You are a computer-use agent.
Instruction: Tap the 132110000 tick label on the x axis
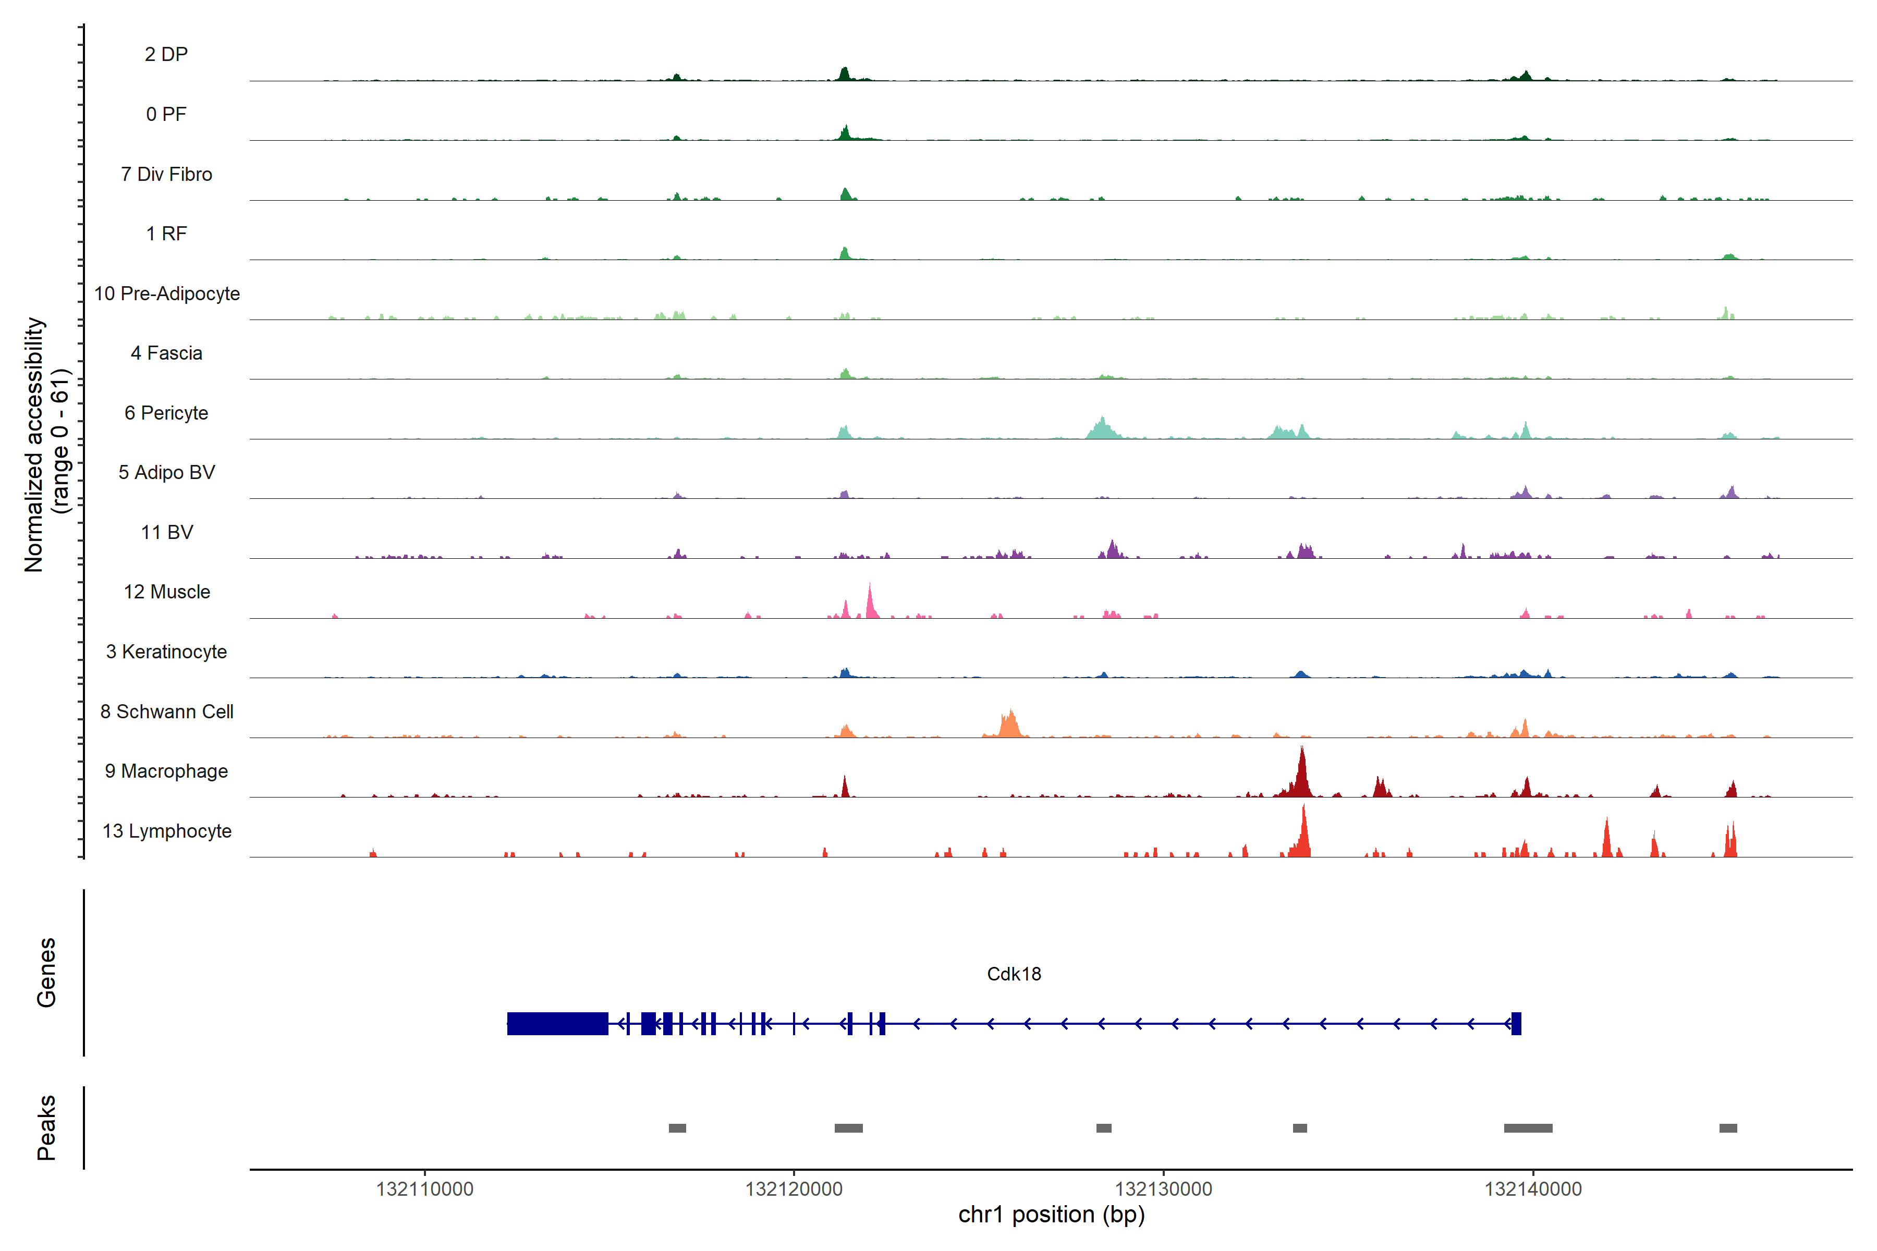click(x=424, y=1189)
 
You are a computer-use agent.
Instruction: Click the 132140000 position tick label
click(x=1532, y=1189)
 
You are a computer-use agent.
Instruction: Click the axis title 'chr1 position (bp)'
click(x=1051, y=1215)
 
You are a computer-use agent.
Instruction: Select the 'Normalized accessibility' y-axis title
click(x=33, y=445)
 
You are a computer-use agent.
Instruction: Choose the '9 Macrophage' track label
click(x=167, y=771)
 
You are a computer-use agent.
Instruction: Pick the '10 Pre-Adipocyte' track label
click(x=167, y=293)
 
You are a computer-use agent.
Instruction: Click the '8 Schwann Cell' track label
click(x=167, y=711)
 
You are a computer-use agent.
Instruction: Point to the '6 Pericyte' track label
click(x=167, y=412)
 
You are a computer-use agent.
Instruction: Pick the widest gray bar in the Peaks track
click(x=1528, y=1127)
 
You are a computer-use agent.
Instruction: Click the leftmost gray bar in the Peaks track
click(x=677, y=1127)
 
